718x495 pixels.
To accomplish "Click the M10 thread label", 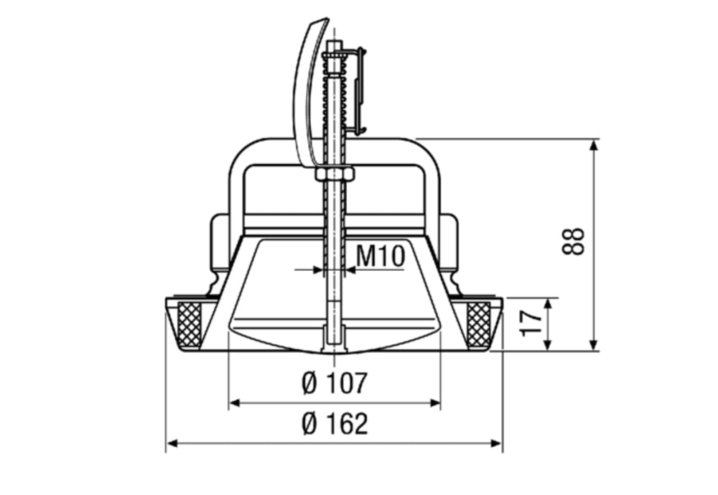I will click(x=381, y=256).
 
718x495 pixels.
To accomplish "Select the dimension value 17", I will click(x=532, y=323).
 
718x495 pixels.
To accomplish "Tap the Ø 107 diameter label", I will click(x=334, y=383).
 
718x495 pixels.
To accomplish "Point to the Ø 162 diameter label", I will click(x=335, y=424).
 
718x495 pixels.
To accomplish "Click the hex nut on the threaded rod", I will click(x=335, y=174).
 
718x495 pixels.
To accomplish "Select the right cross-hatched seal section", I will click(x=478, y=323).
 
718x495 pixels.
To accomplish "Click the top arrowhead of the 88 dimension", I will click(x=593, y=144).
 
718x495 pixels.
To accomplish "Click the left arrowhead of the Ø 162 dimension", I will click(x=171, y=443).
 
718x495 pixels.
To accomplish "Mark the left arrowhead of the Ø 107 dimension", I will click(x=233, y=403).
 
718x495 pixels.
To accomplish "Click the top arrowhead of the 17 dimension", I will click(x=548, y=302).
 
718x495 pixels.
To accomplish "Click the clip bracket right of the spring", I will click(x=359, y=90).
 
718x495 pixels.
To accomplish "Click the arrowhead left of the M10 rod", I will click(x=319, y=270).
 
